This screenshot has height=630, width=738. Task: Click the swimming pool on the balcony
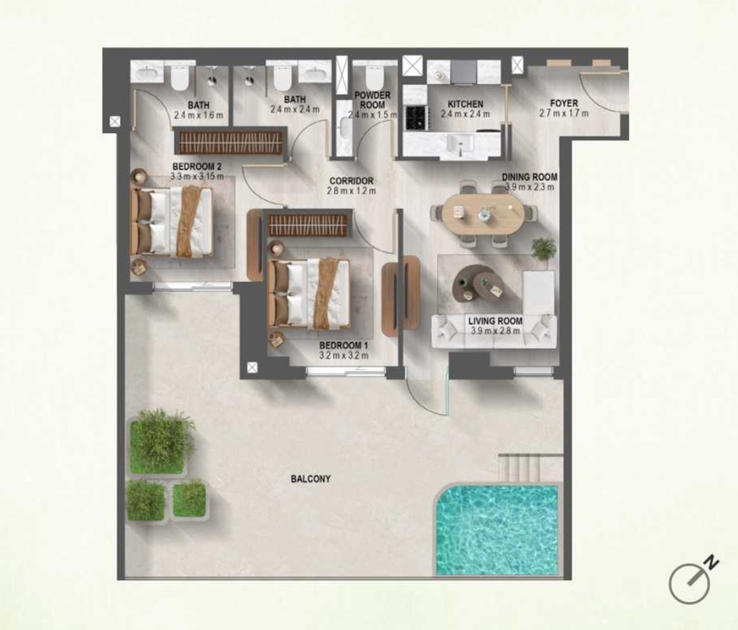pos(497,529)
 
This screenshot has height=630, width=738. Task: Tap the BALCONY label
pos(311,479)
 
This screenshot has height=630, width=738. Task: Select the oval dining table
pos(483,214)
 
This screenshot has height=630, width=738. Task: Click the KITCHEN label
pos(465,104)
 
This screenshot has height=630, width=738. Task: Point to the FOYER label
pos(564,103)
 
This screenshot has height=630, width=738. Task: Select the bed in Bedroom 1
pos(309,293)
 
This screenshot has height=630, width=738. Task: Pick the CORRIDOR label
pos(351,181)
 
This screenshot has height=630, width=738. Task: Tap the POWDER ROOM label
pos(373,100)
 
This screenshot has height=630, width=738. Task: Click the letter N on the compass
pos(711,563)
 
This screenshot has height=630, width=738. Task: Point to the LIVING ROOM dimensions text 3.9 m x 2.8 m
pos(495,330)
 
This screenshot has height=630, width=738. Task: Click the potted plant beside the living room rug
pos(544,248)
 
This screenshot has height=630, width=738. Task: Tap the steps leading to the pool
pos(530,468)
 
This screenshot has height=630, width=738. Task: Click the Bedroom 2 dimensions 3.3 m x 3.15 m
pos(196,177)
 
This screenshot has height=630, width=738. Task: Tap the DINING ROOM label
pos(530,177)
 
